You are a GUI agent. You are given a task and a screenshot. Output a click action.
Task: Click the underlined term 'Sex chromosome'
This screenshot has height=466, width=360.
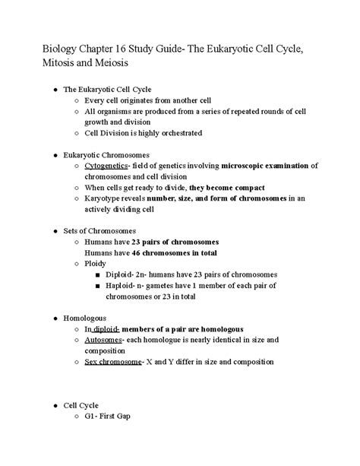(113, 363)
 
